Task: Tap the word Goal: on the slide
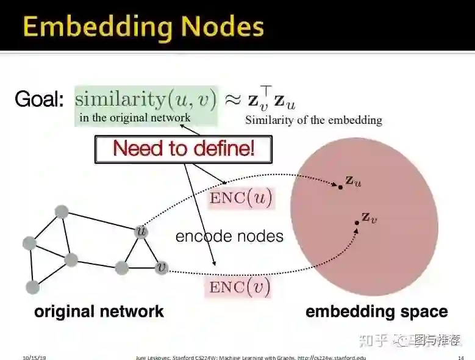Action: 39,99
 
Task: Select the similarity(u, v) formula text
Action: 146,99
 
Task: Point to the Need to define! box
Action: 183,148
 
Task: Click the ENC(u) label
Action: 241,198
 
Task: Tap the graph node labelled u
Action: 141,232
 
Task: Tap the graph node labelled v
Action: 161,267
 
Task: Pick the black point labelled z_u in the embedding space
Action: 340,186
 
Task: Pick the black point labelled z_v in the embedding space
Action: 357,223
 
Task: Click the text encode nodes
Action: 229,236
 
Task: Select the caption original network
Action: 99,311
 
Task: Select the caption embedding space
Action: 376,311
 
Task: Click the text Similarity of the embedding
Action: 313,120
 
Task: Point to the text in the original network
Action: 135,118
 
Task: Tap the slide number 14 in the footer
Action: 460,356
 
